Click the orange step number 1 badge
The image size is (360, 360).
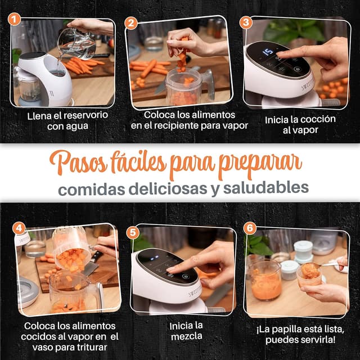(x=14, y=19)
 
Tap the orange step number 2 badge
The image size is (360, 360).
(x=131, y=24)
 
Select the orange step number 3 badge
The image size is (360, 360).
(x=246, y=22)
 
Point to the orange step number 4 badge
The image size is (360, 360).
(x=19, y=228)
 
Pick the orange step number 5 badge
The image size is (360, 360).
(x=133, y=232)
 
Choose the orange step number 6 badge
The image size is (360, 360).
(x=250, y=228)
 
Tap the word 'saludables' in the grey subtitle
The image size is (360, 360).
(x=266, y=188)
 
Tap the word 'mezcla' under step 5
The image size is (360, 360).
(x=187, y=336)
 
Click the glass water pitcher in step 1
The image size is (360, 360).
(x=76, y=43)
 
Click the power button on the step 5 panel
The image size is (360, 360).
(x=185, y=276)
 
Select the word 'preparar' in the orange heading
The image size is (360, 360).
(x=260, y=165)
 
